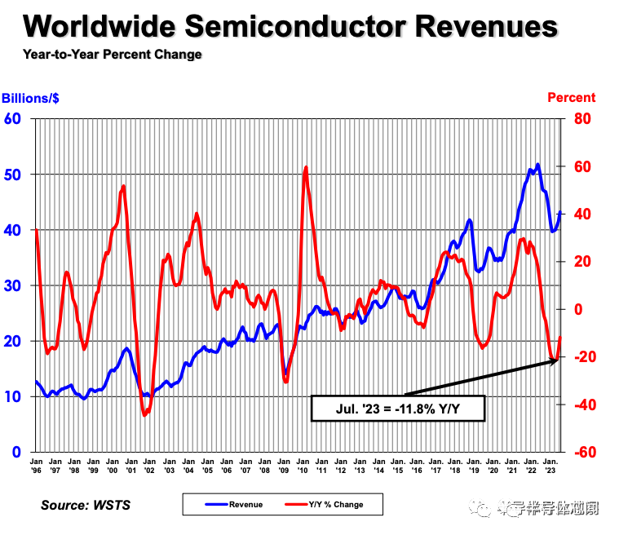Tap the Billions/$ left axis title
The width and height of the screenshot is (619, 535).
[x=30, y=98]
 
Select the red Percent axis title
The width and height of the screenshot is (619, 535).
[x=571, y=98]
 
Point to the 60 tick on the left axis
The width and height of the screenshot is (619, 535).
[x=12, y=119]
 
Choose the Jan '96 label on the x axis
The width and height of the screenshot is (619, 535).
[x=36, y=465]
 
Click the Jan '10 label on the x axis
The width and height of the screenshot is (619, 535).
[x=303, y=465]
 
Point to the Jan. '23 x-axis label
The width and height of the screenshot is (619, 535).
[x=551, y=465]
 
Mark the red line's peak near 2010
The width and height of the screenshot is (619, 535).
[x=306, y=167]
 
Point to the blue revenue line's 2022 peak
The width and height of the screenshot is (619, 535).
[x=537, y=165]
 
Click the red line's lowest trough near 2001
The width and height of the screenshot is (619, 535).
[x=145, y=415]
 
